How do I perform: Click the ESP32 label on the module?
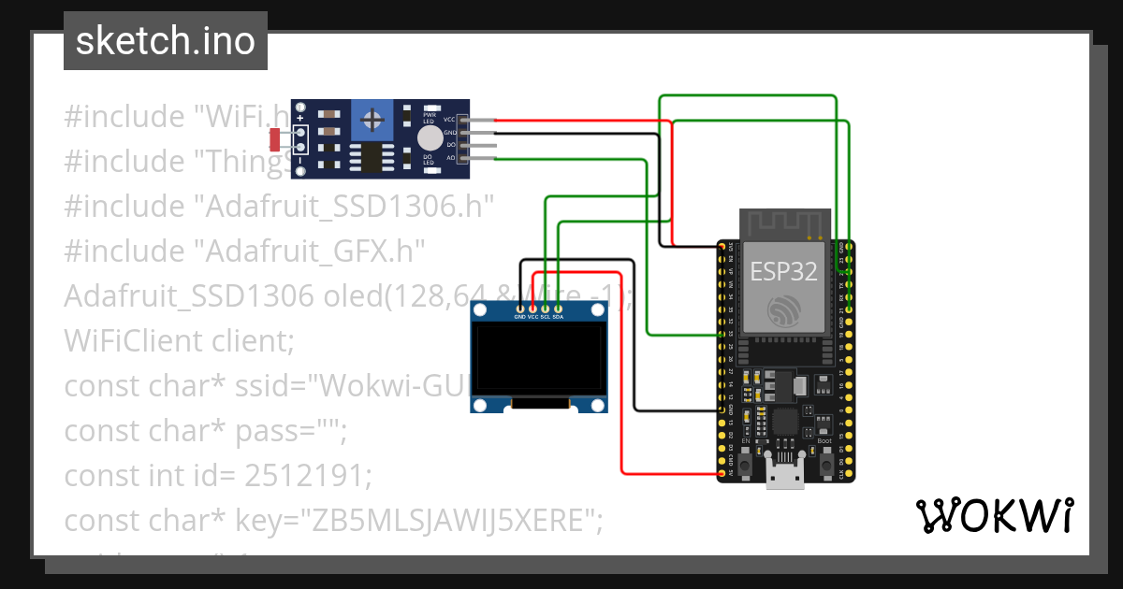[783, 271]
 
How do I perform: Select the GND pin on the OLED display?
[520, 307]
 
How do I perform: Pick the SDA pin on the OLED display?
[558, 307]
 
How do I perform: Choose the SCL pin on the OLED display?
[546, 307]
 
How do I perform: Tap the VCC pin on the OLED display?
[533, 307]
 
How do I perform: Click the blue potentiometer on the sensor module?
[373, 120]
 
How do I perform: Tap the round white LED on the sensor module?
[430, 138]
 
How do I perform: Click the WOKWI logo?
[994, 515]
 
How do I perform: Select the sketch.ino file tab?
[166, 41]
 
